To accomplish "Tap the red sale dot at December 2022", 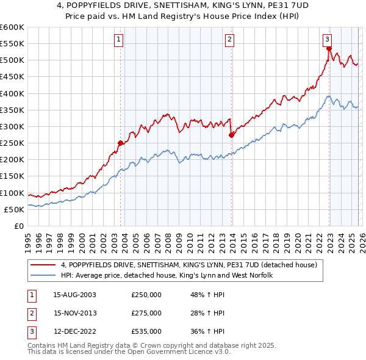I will (328, 49).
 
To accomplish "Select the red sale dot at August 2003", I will (120, 143).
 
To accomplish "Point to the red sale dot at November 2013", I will (231, 135).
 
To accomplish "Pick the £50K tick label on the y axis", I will (14, 209).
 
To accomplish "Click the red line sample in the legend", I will (43, 265).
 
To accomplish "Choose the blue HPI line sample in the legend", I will (43, 276).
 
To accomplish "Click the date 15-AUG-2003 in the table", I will (75, 295).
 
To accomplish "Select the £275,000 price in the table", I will (146, 313).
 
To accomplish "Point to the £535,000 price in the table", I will (146, 331).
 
